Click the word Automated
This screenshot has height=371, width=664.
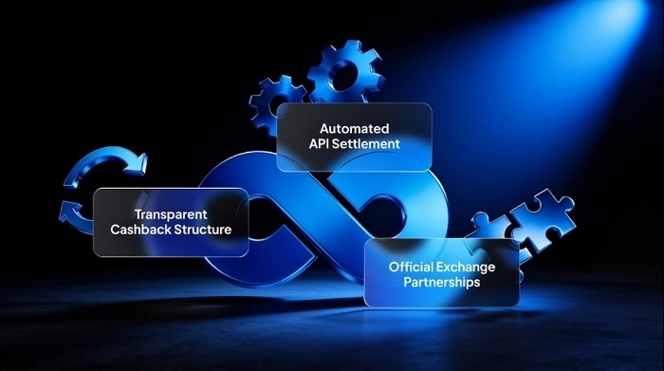coord(355,128)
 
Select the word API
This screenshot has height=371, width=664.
coord(319,144)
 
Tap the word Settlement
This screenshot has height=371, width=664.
coord(366,144)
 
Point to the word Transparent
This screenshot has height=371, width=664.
coord(171,214)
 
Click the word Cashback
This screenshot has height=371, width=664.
coord(140,230)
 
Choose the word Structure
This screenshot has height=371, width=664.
coord(203,230)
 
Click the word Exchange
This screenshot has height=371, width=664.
coord(466,268)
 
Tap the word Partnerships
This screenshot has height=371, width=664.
coord(442,282)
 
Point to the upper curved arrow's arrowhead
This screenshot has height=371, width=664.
coord(137,163)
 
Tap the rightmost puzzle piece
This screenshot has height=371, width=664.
coord(544,220)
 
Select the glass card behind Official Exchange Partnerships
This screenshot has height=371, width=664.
coord(442,272)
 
